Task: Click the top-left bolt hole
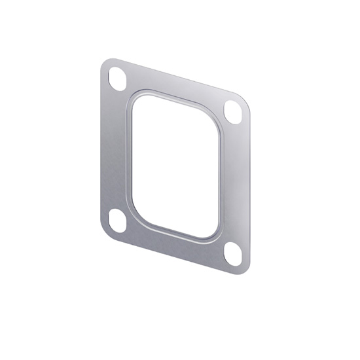pos(118,78)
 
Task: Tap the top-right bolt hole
pos(232,111)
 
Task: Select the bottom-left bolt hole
pos(118,221)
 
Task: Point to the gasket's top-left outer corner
pos(105,62)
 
